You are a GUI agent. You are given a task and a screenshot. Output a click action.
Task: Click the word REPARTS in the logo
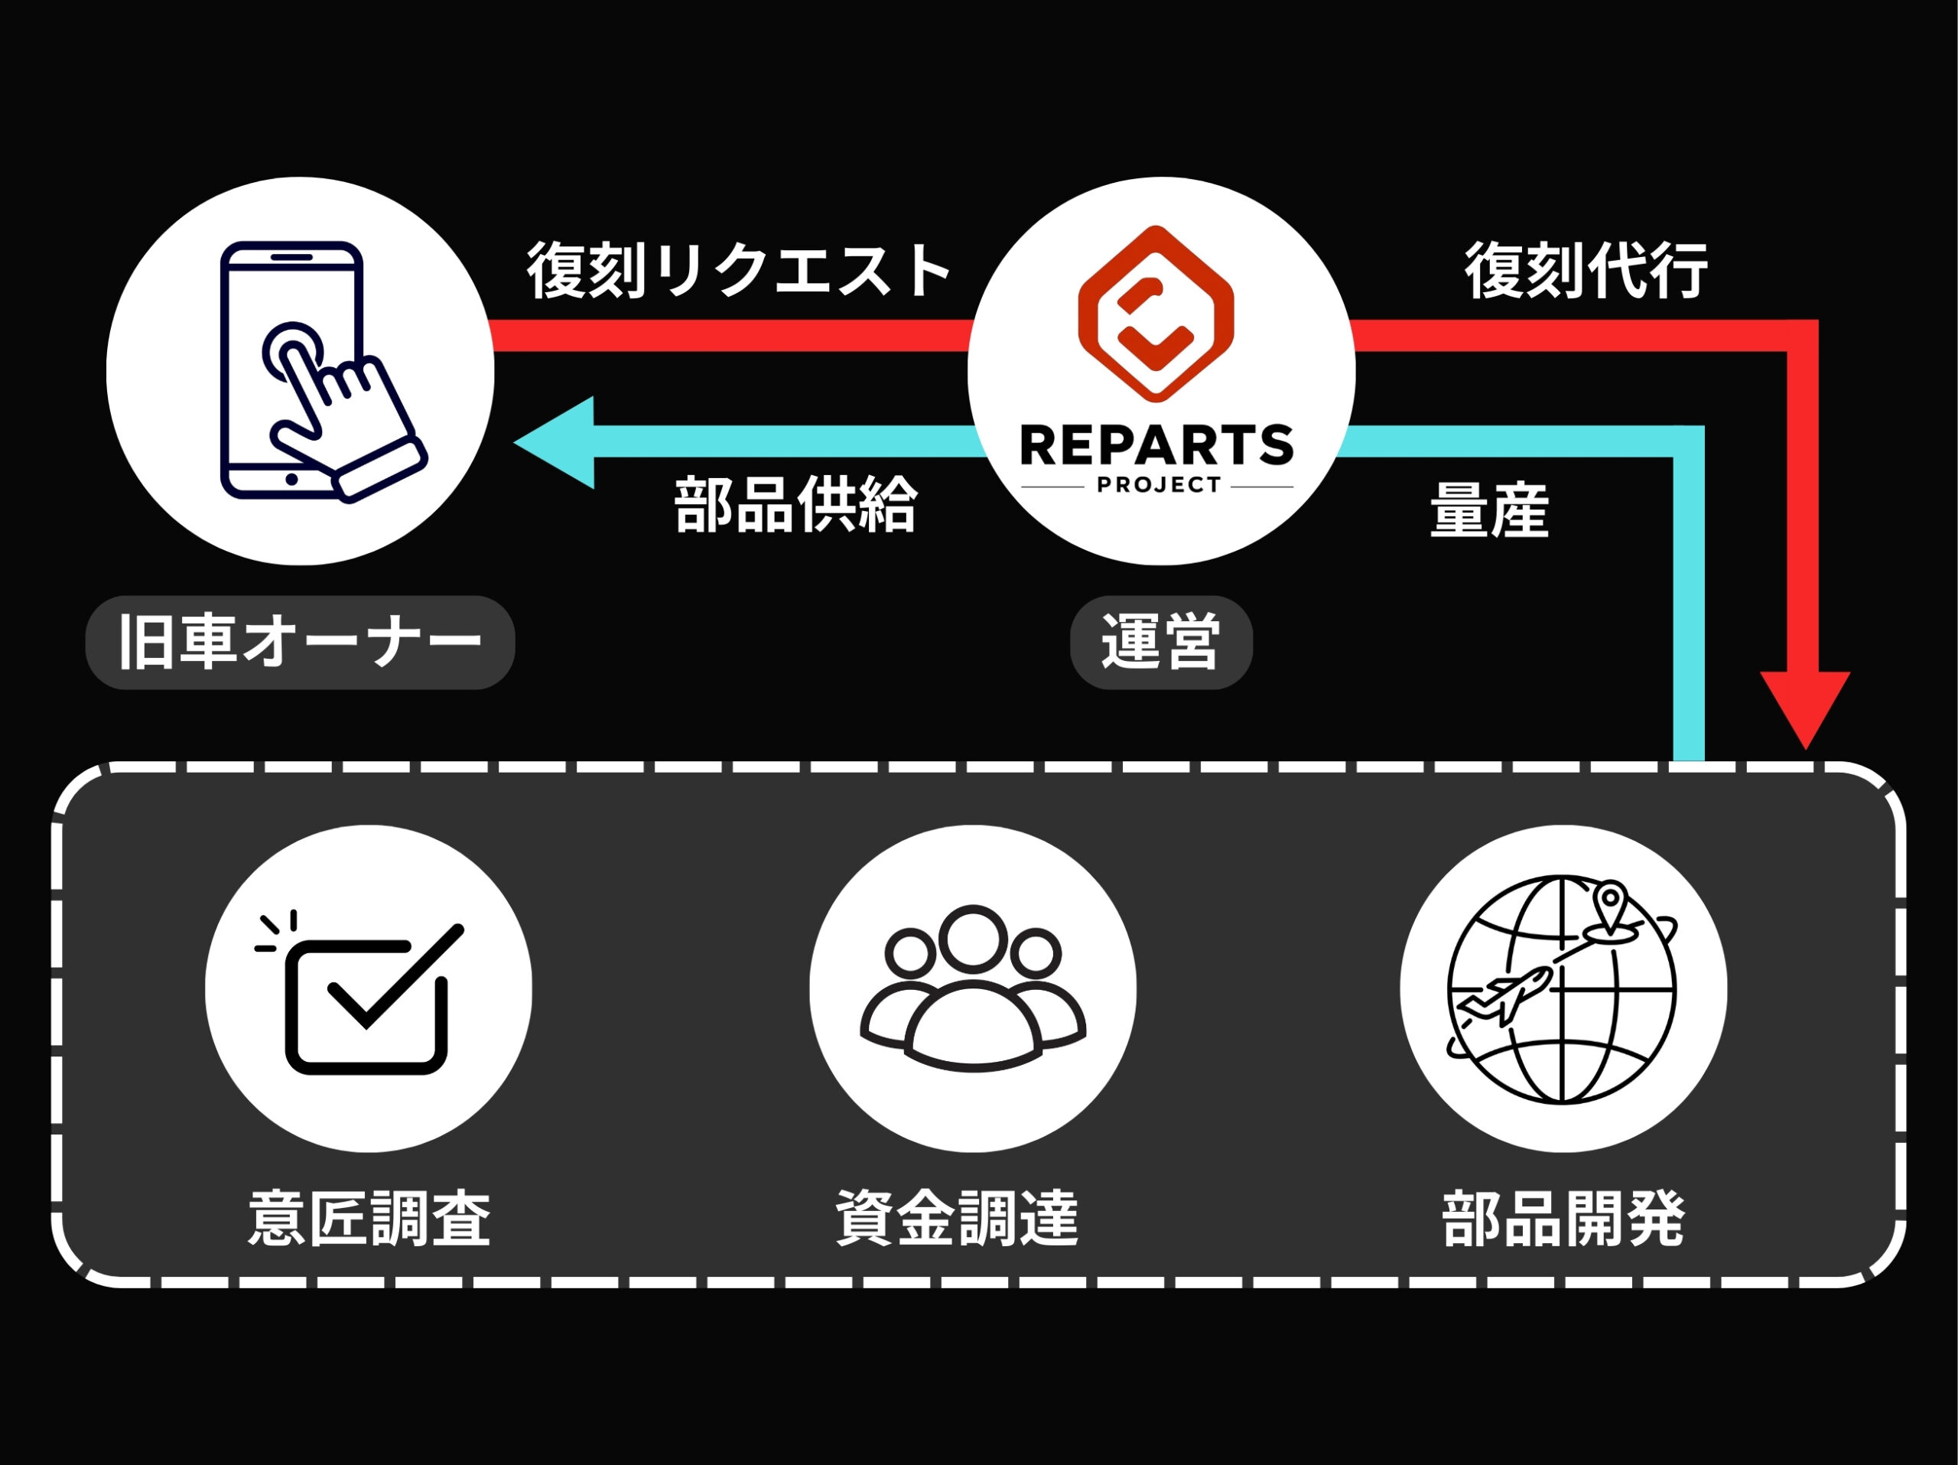coord(1157,445)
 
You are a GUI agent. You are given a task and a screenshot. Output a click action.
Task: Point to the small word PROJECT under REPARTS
coord(1159,485)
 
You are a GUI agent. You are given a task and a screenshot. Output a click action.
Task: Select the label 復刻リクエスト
coord(738,270)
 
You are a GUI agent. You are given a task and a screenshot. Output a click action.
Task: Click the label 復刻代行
coord(1586,270)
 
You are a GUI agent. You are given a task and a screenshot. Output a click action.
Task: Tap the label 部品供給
coord(795,505)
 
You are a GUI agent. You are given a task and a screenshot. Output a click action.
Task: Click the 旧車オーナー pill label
coord(300,643)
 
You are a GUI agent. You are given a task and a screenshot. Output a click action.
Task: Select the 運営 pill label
coord(1160,643)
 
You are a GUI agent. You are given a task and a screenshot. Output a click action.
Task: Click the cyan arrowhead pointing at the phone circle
coord(558,443)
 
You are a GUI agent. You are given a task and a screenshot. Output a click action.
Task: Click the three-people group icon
coord(973,987)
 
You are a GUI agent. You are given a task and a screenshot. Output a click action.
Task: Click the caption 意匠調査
coord(369,1219)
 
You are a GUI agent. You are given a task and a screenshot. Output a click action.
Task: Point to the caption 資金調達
coord(958,1219)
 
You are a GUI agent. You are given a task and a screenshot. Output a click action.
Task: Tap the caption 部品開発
coord(1563,1219)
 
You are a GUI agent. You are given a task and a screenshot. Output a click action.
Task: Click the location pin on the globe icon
coord(1610,903)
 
